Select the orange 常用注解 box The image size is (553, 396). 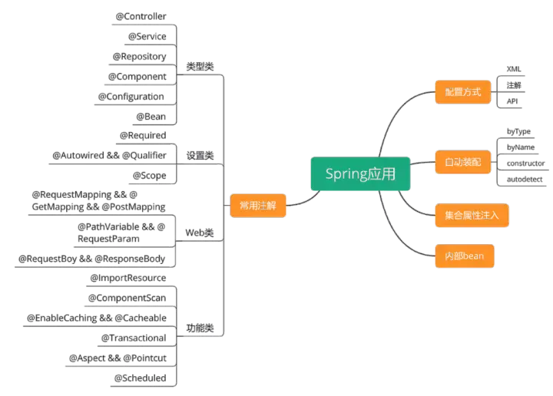(x=258, y=205)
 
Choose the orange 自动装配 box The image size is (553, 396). (x=462, y=162)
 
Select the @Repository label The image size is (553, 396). (x=140, y=56)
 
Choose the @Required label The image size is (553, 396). (x=142, y=136)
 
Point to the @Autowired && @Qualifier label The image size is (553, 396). (x=110, y=156)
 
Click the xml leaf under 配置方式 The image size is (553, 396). (x=512, y=69)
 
